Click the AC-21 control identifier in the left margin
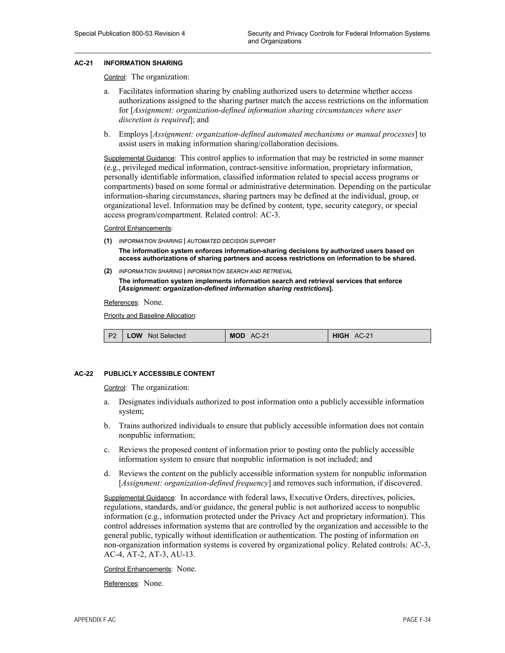(84, 63)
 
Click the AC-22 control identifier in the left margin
(84, 374)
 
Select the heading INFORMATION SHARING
(143, 63)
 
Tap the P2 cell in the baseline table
(112, 336)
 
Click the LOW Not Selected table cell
(174, 336)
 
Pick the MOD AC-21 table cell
(276, 336)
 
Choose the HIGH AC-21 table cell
(379, 336)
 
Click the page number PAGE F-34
(416, 620)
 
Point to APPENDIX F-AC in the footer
(95, 620)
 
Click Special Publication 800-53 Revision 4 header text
(129, 34)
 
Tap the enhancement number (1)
(108, 241)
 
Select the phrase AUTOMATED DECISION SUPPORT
(231, 241)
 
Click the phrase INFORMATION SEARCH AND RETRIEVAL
(239, 272)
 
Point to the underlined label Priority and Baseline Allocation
(149, 316)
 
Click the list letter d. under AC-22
(107, 474)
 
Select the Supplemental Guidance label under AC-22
(139, 498)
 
